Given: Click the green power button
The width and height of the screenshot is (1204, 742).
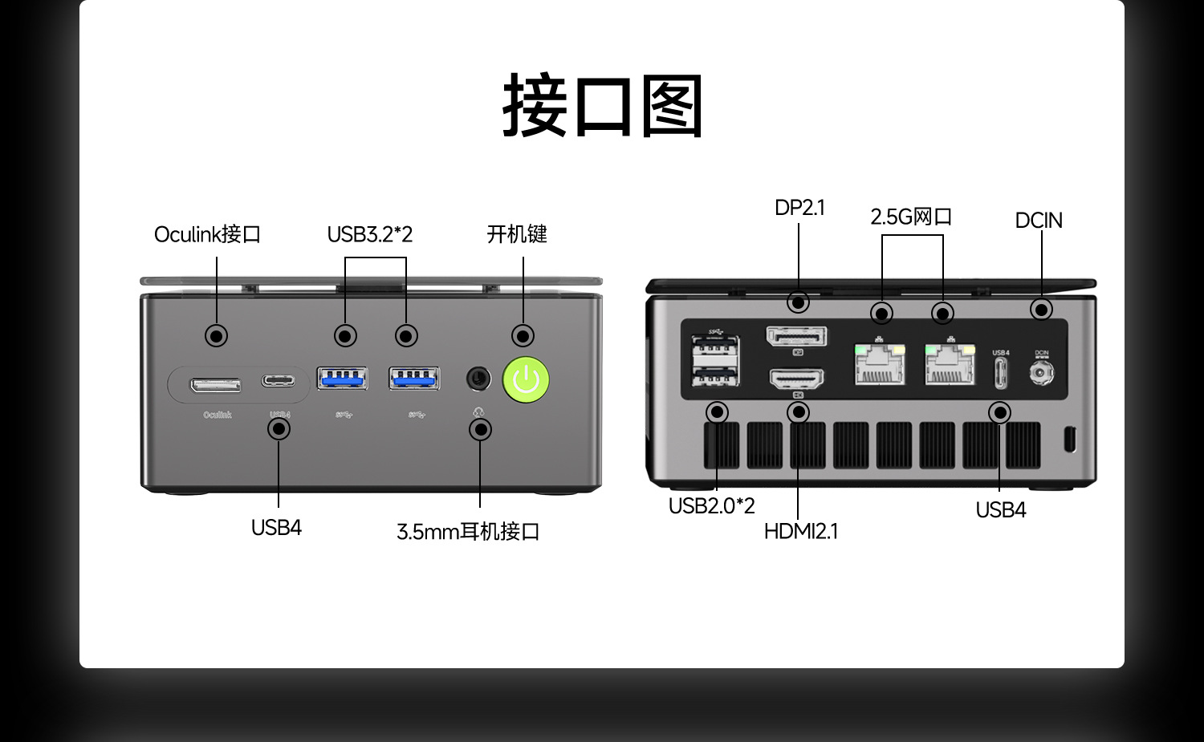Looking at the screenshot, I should pos(526,379).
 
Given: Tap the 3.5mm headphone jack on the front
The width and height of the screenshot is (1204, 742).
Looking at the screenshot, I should pos(479,378).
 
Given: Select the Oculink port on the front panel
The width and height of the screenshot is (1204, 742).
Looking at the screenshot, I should pos(215,385).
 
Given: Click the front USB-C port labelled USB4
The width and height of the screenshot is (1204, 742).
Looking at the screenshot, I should pos(278,380).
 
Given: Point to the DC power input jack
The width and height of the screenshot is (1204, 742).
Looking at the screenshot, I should pos(1041,372).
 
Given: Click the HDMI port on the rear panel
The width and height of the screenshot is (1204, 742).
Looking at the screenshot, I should pos(797,378).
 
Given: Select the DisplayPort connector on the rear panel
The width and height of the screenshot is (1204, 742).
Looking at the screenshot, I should pos(797,336).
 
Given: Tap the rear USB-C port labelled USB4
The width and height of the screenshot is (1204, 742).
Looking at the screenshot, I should pos(1000,372).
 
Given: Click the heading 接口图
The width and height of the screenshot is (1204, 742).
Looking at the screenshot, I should pos(602,106).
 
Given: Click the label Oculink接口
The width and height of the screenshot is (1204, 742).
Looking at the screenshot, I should pos(207,234).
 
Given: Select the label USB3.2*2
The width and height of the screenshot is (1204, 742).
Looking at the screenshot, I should pos(369,234).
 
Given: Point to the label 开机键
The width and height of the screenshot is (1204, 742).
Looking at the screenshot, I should pos(517,234).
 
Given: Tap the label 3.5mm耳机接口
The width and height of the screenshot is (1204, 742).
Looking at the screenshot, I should pos(468,532).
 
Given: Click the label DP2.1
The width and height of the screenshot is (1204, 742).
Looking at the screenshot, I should pos(799,208).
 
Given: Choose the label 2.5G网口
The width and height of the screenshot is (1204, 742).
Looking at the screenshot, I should pos(911,217).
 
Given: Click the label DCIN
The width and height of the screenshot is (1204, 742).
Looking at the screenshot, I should pos(1039,221).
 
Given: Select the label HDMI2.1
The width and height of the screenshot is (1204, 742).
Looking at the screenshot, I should pos(800,531).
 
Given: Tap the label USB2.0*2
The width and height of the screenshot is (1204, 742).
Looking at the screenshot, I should pos(711,506).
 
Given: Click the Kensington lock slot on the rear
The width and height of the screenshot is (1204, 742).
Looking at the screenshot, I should pos(1069,439).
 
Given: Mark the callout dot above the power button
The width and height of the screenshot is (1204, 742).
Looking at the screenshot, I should pos(523,335).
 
